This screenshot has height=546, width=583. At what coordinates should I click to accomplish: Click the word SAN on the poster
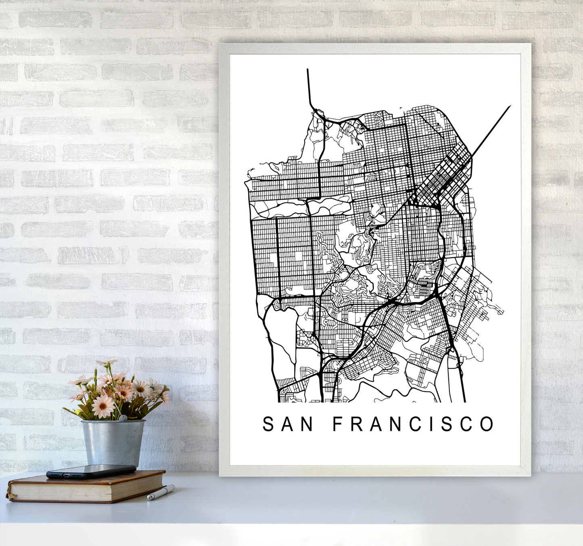click(288, 424)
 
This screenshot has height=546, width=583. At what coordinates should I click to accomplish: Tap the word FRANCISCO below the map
click(413, 424)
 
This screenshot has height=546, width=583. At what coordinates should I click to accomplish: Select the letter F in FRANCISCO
click(337, 424)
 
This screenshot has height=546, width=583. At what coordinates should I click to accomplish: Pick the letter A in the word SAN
click(288, 424)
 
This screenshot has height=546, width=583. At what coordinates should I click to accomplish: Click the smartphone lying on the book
click(91, 471)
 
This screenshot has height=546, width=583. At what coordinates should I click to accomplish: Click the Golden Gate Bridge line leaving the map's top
click(309, 89)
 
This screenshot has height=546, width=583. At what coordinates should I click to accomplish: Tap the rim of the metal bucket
click(113, 421)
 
